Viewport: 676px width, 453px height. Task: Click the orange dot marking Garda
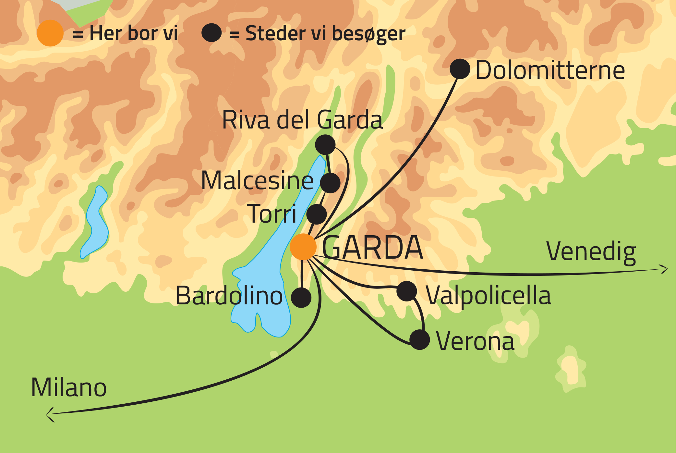[x=303, y=247]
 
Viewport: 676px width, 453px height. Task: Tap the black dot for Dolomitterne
[x=460, y=69]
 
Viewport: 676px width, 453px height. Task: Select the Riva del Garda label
[x=302, y=120]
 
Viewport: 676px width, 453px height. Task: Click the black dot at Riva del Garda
[x=325, y=144]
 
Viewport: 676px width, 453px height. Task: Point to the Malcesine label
[x=257, y=180]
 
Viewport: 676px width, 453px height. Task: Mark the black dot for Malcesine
[x=330, y=183]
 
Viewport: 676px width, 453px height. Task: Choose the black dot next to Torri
[x=316, y=214]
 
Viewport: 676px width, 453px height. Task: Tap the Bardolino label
[x=229, y=296]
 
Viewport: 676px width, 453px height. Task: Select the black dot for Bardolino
[x=301, y=298]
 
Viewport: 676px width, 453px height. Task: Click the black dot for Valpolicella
[x=406, y=291]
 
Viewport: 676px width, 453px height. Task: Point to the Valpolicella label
[x=488, y=296]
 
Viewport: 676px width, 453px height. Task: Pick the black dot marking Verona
[x=420, y=340]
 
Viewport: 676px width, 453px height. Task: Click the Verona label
[x=475, y=341]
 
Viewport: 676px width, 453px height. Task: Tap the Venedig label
[x=591, y=252]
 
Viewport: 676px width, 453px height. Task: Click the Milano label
[x=69, y=387]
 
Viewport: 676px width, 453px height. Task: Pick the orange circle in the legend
[x=50, y=33]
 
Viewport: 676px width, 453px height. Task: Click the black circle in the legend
[x=211, y=33]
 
